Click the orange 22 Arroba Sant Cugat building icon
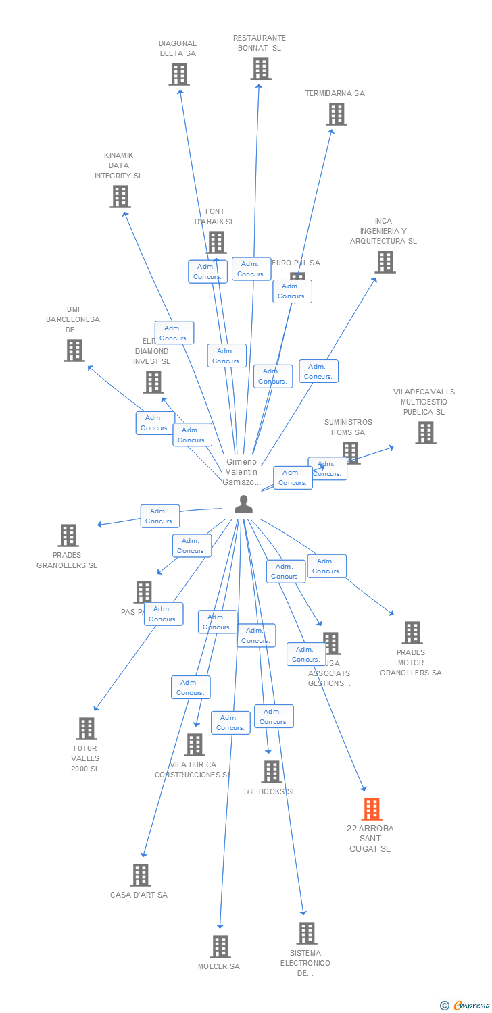click(372, 808)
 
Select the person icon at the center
click(243, 504)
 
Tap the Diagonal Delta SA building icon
click(179, 74)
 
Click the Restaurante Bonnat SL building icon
click(260, 69)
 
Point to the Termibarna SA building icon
click(337, 114)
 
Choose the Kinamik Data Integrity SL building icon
click(120, 197)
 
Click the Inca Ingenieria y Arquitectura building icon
click(385, 262)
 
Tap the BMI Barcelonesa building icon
click(74, 350)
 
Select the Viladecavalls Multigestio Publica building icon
click(425, 433)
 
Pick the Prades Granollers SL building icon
click(68, 536)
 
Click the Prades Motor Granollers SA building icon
click(412, 633)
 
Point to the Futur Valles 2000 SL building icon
click(87, 729)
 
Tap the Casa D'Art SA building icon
click(140, 875)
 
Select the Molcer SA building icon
click(220, 947)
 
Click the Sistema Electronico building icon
click(307, 933)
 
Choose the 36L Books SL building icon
click(271, 772)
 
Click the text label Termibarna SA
click(335, 93)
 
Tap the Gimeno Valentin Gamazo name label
click(241, 472)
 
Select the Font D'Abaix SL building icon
click(216, 242)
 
